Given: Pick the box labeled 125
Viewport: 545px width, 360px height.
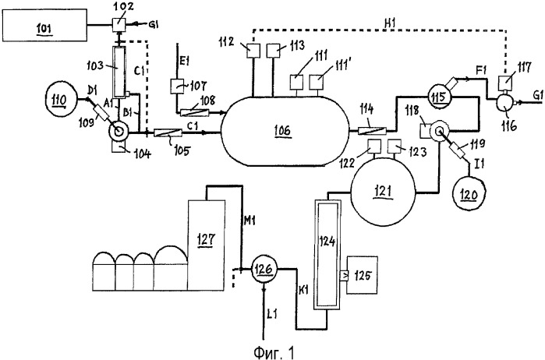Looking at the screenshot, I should [363, 275].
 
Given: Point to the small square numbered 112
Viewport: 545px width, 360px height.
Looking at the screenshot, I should [253, 55].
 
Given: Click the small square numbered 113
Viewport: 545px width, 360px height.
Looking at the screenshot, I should [275, 55].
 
